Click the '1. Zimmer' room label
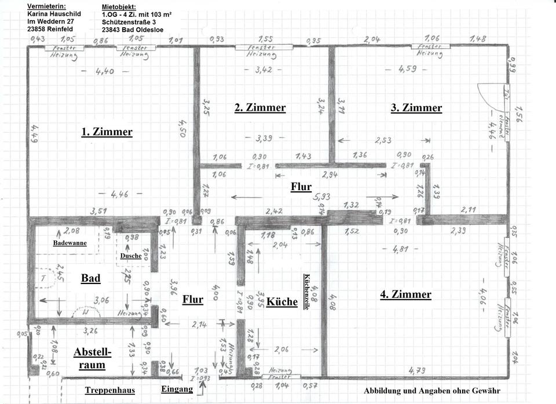point(107,132)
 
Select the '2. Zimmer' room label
point(259,108)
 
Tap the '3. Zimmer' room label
point(416,108)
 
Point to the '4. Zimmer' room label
point(405,294)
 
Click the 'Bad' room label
point(90,278)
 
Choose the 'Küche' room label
point(282,302)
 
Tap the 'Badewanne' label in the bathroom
point(70,243)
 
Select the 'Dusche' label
point(131,256)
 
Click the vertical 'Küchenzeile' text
point(306,292)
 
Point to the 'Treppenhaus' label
point(109,390)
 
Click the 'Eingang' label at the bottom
point(177,390)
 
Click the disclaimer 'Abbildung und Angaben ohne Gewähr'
point(431,391)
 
